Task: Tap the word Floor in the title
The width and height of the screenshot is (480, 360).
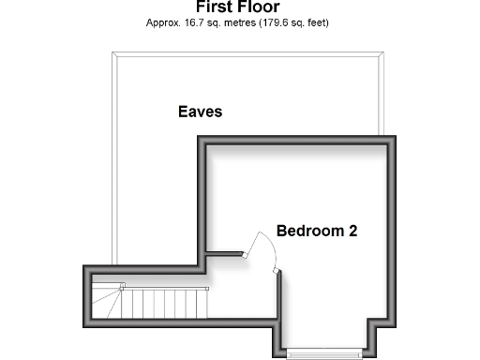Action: [259, 7]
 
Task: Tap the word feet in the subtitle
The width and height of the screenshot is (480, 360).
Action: [316, 22]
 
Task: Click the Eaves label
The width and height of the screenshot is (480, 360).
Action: [200, 112]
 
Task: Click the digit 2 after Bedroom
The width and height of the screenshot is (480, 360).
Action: [352, 230]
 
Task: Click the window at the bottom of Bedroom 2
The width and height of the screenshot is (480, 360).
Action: [324, 352]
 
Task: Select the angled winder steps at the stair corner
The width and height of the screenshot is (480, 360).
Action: [108, 302]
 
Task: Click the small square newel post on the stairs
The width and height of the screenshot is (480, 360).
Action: [123, 286]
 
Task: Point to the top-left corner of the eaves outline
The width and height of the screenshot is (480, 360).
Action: [112, 53]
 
